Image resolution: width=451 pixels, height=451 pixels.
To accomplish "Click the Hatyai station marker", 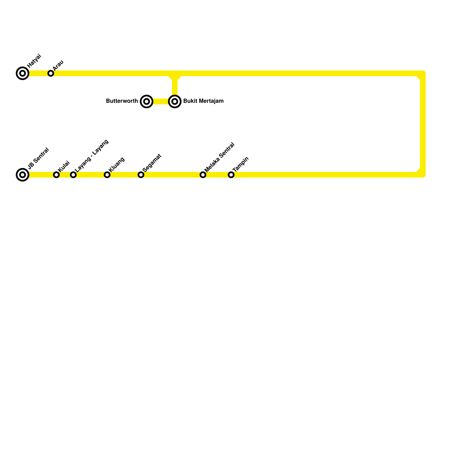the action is pyautogui.click(x=23, y=73).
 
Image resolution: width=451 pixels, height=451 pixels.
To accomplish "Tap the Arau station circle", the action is pyautogui.click(x=51, y=73).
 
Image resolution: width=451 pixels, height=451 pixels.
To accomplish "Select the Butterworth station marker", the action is pyautogui.click(x=147, y=101).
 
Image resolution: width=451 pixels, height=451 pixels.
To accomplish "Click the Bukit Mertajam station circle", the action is pyautogui.click(x=175, y=101).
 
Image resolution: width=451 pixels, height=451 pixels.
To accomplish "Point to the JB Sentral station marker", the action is pyautogui.click(x=23, y=175).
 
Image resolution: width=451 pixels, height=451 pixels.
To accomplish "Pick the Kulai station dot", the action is pyautogui.click(x=56, y=175).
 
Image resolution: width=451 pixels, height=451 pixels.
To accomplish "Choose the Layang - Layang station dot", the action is pyautogui.click(x=73, y=175).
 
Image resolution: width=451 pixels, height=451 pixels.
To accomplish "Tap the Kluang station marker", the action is pyautogui.click(x=107, y=175).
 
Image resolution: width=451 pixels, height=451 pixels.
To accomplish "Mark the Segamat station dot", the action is pyautogui.click(x=141, y=175).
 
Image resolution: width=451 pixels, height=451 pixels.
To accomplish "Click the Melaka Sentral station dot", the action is pyautogui.click(x=203, y=175).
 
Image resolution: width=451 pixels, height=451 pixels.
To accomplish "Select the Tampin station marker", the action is pyautogui.click(x=231, y=175).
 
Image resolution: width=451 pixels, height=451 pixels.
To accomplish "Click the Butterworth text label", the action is pyautogui.click(x=122, y=101).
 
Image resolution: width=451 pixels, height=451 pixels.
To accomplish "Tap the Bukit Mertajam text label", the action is pyautogui.click(x=203, y=101).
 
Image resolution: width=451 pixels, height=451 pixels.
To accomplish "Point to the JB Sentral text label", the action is pyautogui.click(x=39, y=158).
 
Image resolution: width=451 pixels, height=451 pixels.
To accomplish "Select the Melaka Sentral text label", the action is pyautogui.click(x=220, y=157).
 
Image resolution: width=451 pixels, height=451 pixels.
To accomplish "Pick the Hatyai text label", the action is pyautogui.click(x=34, y=61).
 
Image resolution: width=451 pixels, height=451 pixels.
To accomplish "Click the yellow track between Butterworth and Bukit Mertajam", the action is pyautogui.click(x=161, y=101).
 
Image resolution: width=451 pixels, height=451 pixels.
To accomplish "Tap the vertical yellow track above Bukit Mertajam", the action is pyautogui.click(x=175, y=87).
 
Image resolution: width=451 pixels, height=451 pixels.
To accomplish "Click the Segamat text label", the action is pyautogui.click(x=152, y=163).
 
